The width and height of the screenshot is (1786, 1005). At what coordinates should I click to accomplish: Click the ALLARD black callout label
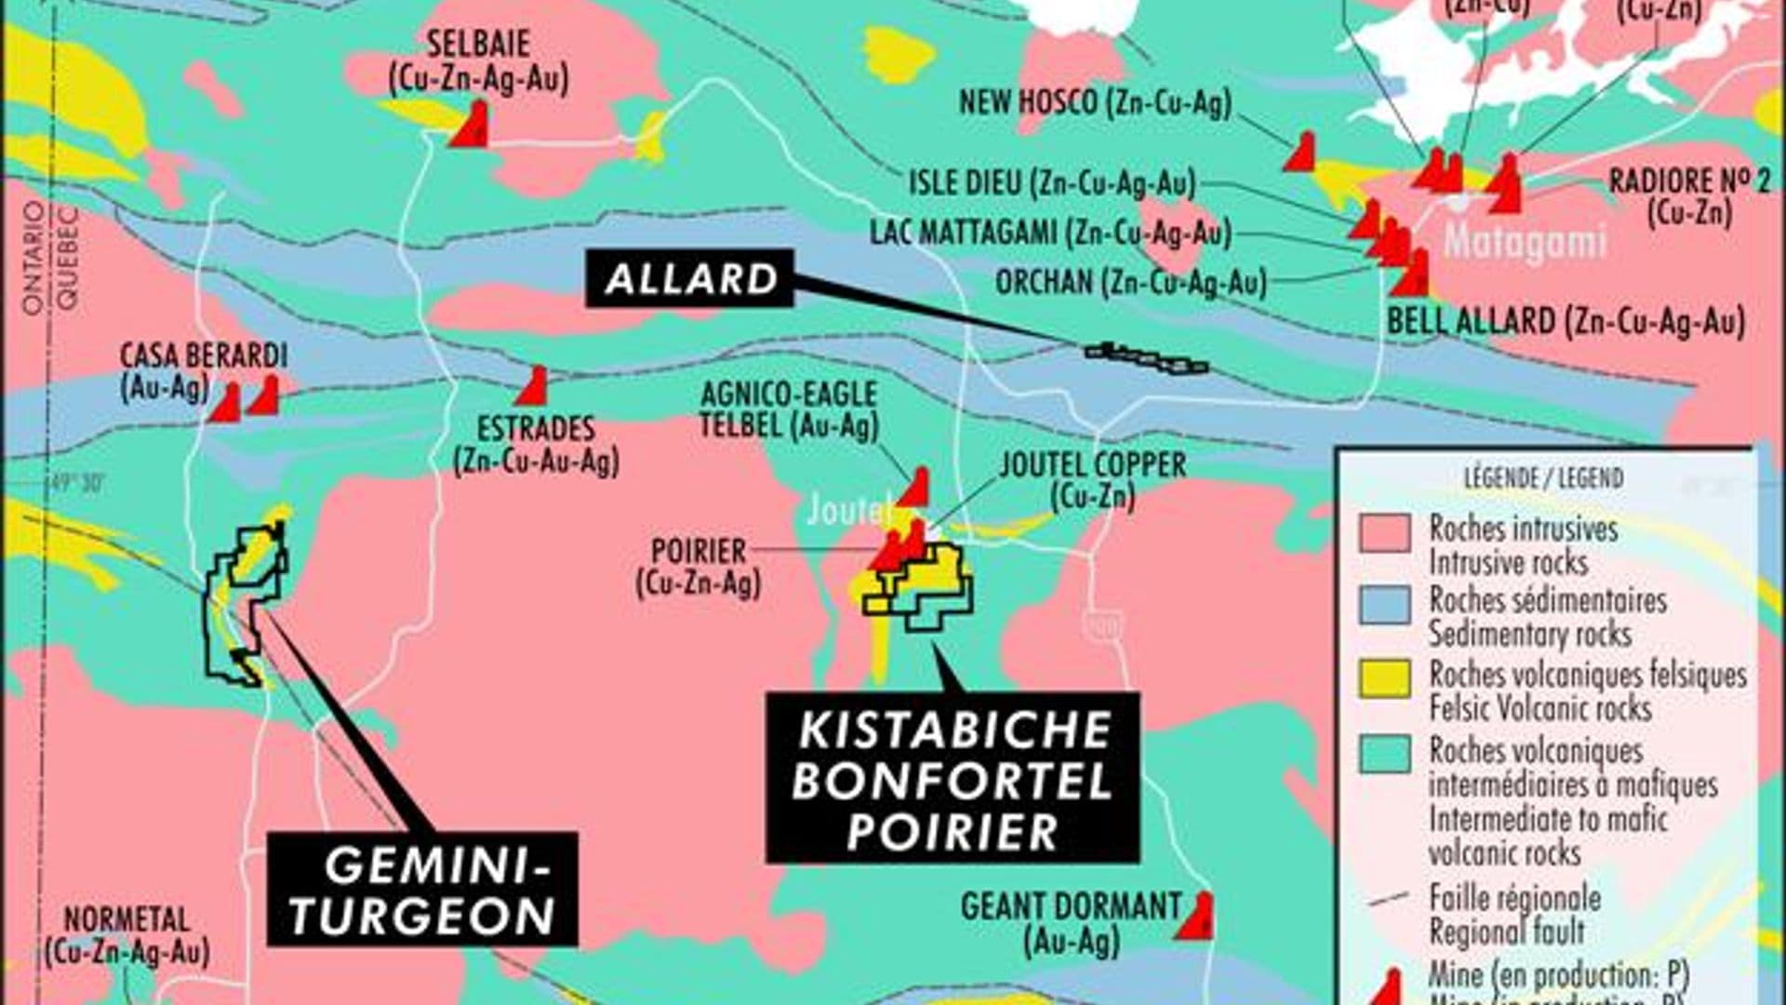click(x=689, y=278)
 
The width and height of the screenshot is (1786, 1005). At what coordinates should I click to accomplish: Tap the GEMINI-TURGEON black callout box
click(x=422, y=890)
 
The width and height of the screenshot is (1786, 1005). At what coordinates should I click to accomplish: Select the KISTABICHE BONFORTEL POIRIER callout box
click(x=953, y=778)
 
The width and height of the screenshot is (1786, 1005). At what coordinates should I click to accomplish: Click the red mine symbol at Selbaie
click(x=472, y=126)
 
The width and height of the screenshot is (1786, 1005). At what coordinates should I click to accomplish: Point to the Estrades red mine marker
click(x=533, y=387)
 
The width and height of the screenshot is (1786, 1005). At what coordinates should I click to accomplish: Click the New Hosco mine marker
click(x=1300, y=153)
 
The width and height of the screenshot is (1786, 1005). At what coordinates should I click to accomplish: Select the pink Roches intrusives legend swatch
click(x=1384, y=532)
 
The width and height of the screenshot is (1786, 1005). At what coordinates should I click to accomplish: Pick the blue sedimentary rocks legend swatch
click(x=1384, y=604)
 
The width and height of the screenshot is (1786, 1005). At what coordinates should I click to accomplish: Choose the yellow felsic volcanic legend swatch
click(x=1384, y=677)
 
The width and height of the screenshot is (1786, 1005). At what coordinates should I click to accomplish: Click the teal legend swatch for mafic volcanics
click(x=1384, y=753)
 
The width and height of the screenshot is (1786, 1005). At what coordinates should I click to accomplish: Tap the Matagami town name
click(x=1525, y=241)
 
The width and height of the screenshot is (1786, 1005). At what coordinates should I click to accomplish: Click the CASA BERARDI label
click(x=203, y=355)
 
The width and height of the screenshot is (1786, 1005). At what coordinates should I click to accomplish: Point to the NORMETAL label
click(x=127, y=919)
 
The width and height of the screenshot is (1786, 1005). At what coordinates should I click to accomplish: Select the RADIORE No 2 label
click(x=1689, y=181)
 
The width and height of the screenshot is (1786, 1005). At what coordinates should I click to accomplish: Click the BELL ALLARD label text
click(x=1566, y=322)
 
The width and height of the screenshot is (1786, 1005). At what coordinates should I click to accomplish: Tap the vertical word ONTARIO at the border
click(x=34, y=259)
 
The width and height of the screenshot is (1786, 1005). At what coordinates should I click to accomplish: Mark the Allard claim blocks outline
click(x=1147, y=357)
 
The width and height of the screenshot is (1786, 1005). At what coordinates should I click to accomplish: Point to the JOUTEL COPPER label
click(x=1092, y=465)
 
